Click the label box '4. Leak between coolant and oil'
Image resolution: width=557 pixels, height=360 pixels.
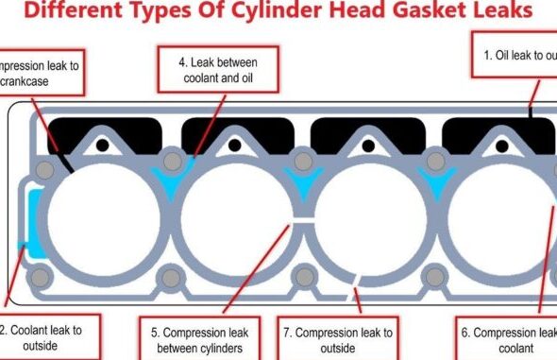click(218, 71)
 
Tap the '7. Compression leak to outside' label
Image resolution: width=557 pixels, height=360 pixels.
click(337, 339)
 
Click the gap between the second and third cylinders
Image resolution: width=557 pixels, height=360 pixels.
click(297, 224)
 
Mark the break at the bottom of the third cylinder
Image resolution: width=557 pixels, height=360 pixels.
click(355, 280)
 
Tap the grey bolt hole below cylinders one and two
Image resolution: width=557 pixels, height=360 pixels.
click(171, 277)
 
